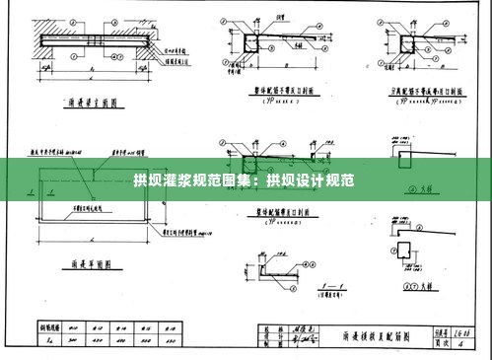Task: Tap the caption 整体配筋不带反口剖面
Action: tap(287, 90)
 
